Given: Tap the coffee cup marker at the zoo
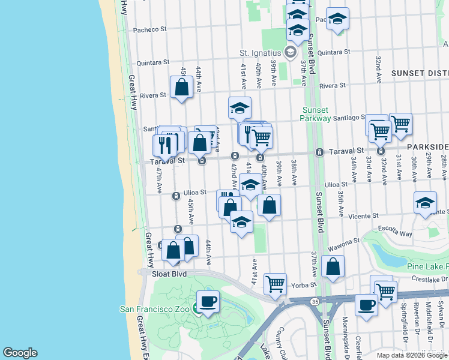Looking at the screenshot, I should coord(208,302).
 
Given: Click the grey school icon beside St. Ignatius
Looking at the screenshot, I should coord(291,52).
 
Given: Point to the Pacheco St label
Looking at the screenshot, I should coord(149,29).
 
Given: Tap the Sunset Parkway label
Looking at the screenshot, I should coord(315,114).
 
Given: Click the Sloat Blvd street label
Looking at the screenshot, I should coord(169,274).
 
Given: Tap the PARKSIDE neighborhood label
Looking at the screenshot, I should coord(428,147).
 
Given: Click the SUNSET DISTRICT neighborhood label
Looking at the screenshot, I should coord(420,73).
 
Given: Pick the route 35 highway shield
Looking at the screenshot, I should coord(315,301).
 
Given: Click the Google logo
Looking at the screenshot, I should coord(20,353).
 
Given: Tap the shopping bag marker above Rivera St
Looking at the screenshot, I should coord(181,88).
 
